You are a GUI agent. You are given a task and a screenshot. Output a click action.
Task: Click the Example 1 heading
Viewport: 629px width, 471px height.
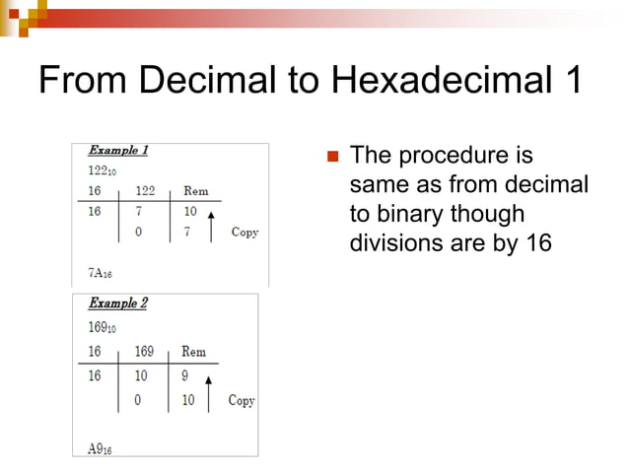(118, 151)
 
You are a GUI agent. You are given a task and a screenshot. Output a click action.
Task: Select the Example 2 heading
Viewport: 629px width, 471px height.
(118, 303)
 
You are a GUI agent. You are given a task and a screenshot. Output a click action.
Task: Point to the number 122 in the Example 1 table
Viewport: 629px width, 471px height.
(147, 191)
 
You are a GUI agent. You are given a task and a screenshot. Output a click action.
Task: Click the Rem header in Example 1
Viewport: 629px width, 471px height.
(195, 191)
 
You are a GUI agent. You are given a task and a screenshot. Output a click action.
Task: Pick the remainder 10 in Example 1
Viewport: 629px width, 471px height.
(191, 212)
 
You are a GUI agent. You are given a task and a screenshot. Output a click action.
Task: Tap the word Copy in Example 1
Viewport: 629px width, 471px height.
(245, 233)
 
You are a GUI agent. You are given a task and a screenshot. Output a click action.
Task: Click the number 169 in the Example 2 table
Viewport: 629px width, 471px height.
(145, 352)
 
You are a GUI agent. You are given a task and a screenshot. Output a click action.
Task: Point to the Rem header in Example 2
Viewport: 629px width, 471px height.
(193, 352)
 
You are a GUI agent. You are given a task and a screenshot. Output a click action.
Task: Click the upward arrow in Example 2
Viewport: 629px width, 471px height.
(208, 388)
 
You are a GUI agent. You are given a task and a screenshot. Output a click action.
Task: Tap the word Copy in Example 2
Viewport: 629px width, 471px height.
(242, 400)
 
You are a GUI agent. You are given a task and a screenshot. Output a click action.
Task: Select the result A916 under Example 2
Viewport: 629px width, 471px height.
(100, 449)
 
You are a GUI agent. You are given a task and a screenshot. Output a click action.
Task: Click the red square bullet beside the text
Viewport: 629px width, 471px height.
(332, 157)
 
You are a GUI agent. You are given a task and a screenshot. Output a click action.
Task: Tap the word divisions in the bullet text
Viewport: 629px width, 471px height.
(392, 242)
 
